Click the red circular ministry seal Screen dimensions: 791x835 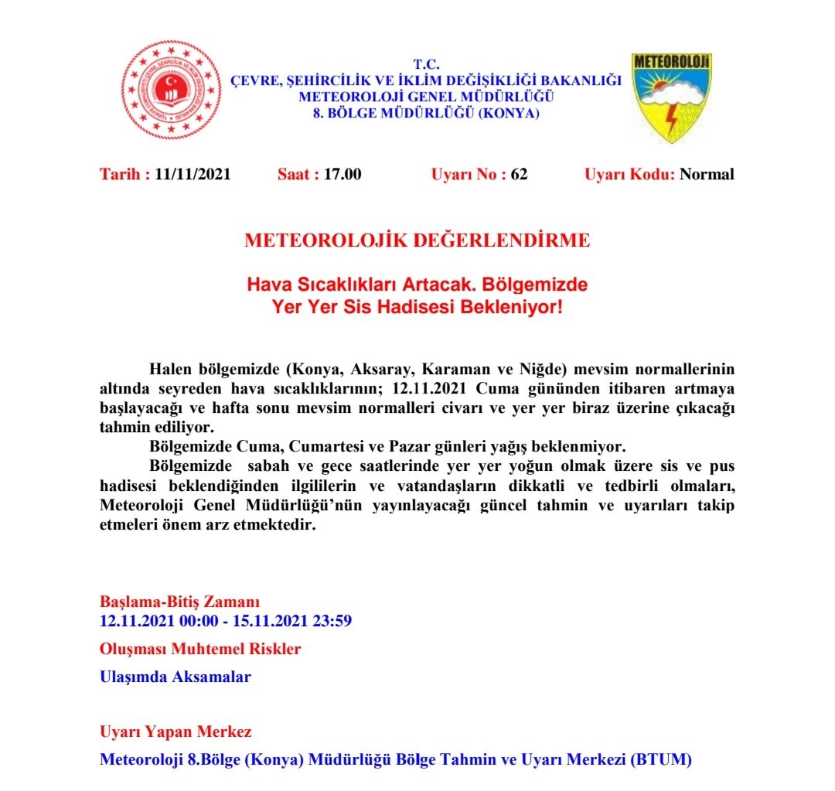pos(166,90)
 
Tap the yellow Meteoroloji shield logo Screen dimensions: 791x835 pos(671,96)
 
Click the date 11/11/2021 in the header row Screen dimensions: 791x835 pos(193,174)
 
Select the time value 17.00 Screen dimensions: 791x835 pos(343,174)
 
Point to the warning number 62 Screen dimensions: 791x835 pos(519,174)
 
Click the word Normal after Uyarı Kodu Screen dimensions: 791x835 pos(707,174)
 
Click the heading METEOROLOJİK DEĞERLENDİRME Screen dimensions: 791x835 pos(417,240)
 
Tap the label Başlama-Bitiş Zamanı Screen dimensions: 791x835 pos(179,602)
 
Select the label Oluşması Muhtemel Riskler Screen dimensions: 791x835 pos(200,649)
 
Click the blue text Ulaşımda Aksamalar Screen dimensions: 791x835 pos(176,677)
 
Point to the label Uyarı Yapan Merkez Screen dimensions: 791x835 pos(176,731)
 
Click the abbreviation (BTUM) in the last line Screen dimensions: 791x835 pos(661,759)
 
